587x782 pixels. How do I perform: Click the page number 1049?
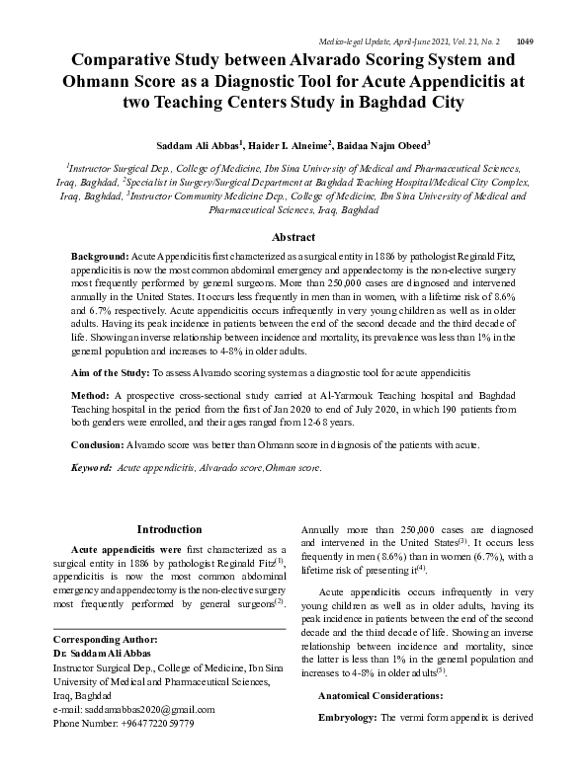pyautogui.click(x=526, y=15)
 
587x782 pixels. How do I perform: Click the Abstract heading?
pyautogui.click(x=293, y=237)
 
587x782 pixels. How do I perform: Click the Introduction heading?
pyautogui.click(x=170, y=530)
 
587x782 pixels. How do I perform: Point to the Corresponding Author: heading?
pyautogui.click(x=104, y=640)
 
